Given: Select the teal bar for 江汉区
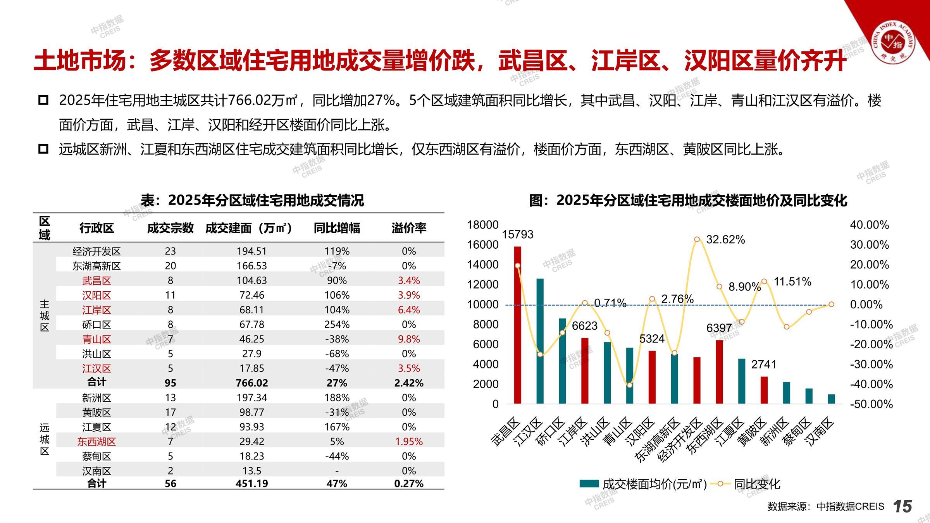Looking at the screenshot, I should point(540,341).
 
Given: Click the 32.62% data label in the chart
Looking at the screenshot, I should point(725,240).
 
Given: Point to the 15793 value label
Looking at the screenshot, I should point(518,234).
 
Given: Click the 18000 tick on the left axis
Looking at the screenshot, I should point(482,225).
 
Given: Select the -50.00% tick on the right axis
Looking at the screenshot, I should point(871,404).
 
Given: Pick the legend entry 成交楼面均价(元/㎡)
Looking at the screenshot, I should point(643,484).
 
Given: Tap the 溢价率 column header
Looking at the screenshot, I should point(409,228).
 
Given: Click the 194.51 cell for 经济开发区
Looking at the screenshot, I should point(251,251).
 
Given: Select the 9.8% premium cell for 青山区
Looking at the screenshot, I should point(409,339).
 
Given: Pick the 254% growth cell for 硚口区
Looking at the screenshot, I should point(337,324).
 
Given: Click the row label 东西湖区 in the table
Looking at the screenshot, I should point(96,442).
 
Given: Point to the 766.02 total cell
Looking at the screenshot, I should point(251,383).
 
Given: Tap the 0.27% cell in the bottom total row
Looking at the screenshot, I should point(409,483).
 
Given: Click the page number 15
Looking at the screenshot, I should point(902,506).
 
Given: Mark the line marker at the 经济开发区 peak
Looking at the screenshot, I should point(697,239).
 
